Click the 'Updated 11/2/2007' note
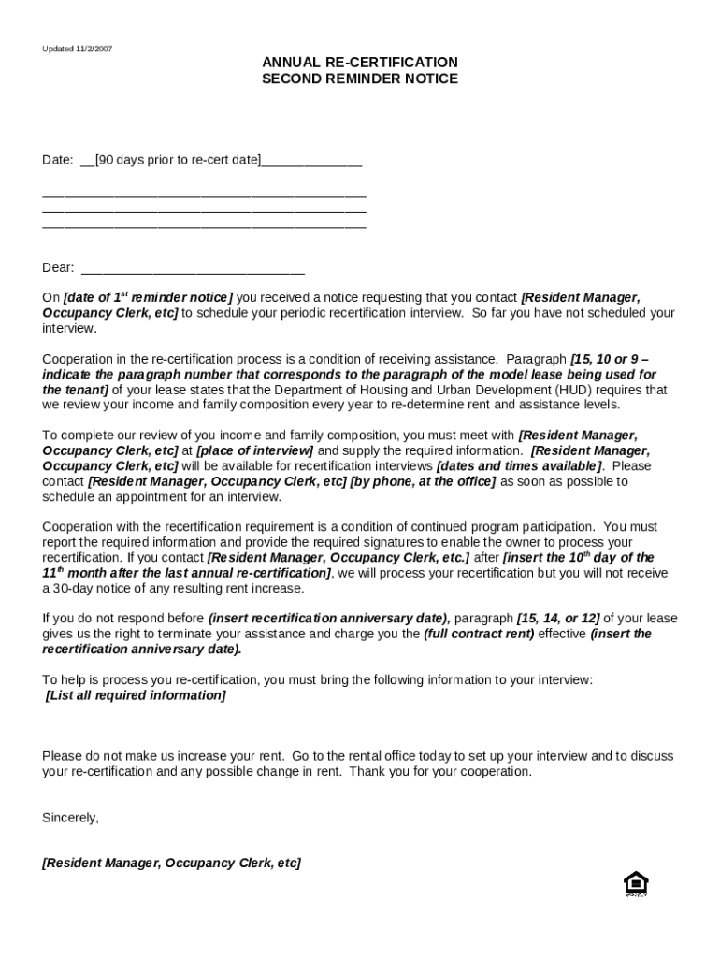pos(77,49)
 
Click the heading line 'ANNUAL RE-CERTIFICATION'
pos(359,63)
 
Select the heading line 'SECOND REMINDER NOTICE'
pos(359,79)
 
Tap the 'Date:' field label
pos(57,160)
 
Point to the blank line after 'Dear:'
pos(194,269)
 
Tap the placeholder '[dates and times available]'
pos(519,466)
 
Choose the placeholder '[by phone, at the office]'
pos(423,481)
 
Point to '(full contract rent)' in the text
pos(479,634)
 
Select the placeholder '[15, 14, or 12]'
pos(557,619)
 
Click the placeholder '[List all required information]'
pos(136,695)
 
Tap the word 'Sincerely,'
pos(70,818)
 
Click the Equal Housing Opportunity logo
pos(636,883)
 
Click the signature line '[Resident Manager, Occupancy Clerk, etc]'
pos(171,864)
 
